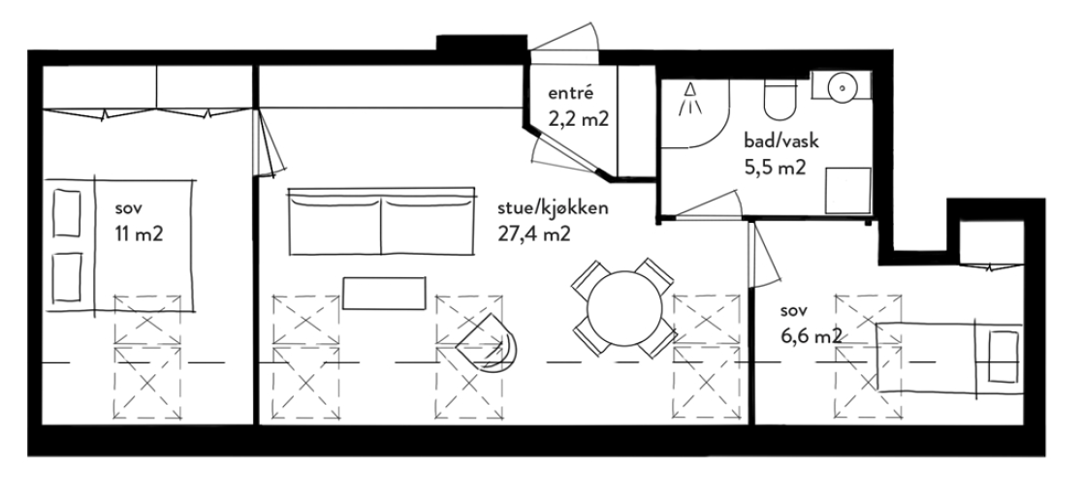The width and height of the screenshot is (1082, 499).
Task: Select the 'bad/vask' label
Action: (776, 140)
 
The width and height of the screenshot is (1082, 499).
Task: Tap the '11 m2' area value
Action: (136, 233)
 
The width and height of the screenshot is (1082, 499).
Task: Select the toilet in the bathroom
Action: (778, 96)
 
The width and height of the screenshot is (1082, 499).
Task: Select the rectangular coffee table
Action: (384, 293)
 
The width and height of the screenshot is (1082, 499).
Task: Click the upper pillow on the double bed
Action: (66, 212)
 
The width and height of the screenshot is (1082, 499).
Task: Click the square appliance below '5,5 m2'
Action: (847, 189)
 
